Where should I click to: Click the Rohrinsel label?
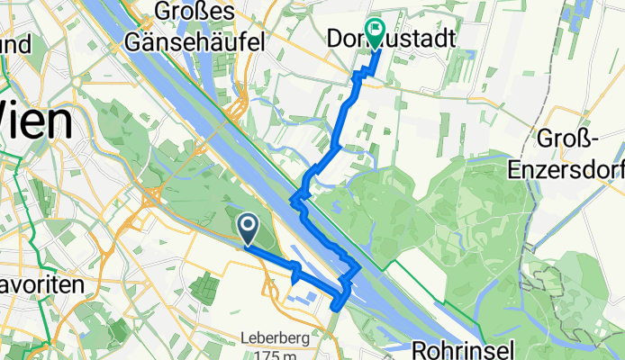point(463,347)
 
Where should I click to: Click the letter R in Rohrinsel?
point(421,347)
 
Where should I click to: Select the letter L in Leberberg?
point(244,339)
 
